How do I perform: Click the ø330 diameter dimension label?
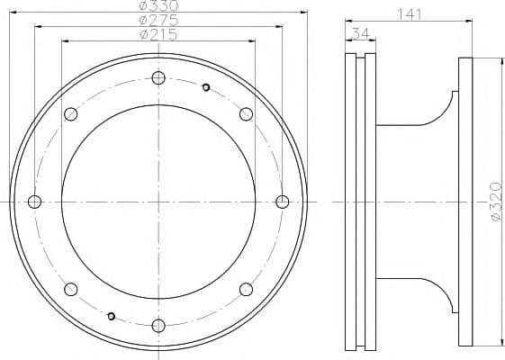pyautogui.click(x=158, y=5)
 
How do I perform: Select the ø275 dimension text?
pyautogui.click(x=158, y=20)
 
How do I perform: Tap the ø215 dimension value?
pyautogui.click(x=158, y=34)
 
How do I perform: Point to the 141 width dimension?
pyautogui.click(x=409, y=14)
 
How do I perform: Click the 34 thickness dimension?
pyautogui.click(x=360, y=33)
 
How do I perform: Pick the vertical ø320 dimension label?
pyautogui.click(x=496, y=202)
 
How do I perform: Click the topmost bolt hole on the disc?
pyautogui.click(x=158, y=78)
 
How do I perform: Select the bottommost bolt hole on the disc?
pyautogui.click(x=158, y=326)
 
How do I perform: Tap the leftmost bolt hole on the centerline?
pyautogui.click(x=34, y=202)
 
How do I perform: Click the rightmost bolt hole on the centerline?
pyautogui.click(x=283, y=202)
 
